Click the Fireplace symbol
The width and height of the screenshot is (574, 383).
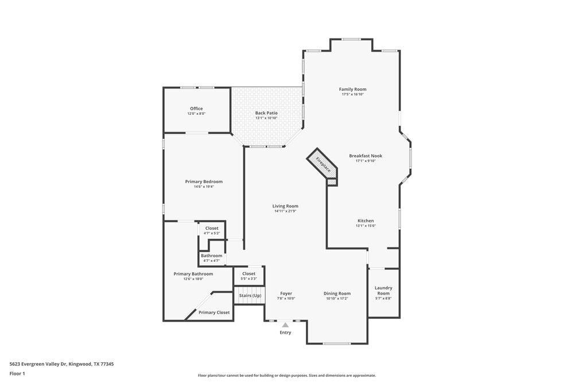(x=323, y=165)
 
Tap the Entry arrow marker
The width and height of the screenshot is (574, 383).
(x=285, y=325)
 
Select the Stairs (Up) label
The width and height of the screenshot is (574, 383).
(x=250, y=296)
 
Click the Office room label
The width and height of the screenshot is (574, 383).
(x=196, y=109)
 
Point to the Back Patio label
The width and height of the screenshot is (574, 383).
(x=266, y=113)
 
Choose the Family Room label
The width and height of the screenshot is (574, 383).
(x=352, y=89)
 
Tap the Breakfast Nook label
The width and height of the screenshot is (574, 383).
(x=366, y=156)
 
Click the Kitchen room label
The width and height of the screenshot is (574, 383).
(x=366, y=220)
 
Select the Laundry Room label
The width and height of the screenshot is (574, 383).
(x=383, y=291)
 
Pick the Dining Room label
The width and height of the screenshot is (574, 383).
(x=337, y=293)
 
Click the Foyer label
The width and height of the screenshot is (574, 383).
(x=286, y=293)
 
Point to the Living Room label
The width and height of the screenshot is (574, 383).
(x=285, y=206)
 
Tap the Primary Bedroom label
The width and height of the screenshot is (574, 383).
(x=204, y=181)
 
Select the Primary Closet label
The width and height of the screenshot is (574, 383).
(x=214, y=312)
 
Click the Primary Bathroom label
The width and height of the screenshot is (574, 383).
(x=193, y=274)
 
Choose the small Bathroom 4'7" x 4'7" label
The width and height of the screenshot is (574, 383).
(x=211, y=256)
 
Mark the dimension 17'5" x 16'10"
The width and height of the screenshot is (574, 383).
(x=352, y=94)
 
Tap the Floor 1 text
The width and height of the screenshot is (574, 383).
(x=17, y=373)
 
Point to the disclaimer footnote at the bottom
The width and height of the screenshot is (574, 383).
(x=287, y=375)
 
